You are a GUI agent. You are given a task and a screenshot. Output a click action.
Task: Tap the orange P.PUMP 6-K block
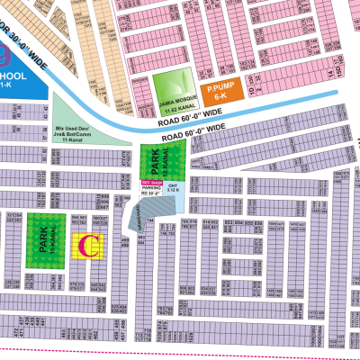[x=220, y=93]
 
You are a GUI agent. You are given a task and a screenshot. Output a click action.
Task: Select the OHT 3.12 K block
[x=175, y=189]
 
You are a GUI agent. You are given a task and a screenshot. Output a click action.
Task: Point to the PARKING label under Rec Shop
[x=150, y=188]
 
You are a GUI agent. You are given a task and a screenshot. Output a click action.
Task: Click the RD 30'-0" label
[x=150, y=194]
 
